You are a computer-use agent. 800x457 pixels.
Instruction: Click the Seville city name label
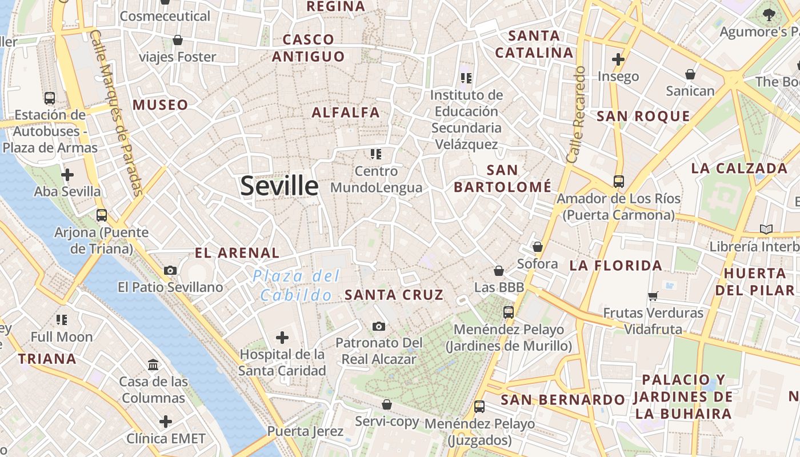(x=279, y=186)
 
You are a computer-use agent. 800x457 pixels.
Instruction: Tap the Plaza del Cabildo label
(x=296, y=286)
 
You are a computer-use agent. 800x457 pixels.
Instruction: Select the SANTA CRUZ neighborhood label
(x=394, y=295)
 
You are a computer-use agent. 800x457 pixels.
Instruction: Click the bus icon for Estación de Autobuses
(x=50, y=98)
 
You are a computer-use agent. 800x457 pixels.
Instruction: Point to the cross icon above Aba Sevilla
(x=67, y=174)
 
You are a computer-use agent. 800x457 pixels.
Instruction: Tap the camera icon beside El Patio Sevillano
(x=170, y=270)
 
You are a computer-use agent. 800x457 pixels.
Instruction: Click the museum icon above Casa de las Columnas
(x=153, y=364)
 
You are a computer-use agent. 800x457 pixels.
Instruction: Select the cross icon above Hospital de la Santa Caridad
(x=282, y=338)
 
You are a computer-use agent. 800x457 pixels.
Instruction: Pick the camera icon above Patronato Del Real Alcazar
(x=378, y=326)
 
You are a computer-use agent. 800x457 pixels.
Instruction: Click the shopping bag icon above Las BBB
(x=499, y=270)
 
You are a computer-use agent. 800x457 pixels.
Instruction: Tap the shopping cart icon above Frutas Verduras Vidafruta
(x=653, y=296)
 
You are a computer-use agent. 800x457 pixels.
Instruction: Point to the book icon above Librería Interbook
(x=766, y=230)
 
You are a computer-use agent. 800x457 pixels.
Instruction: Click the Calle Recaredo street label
(x=576, y=114)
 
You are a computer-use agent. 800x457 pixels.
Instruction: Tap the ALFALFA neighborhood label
(x=346, y=113)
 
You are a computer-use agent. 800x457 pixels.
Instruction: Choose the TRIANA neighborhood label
(x=47, y=359)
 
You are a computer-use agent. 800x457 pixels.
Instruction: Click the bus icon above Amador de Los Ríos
(x=618, y=182)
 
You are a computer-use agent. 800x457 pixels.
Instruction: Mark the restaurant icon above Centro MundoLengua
(x=375, y=154)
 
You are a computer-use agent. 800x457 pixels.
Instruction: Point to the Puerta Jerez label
(x=305, y=431)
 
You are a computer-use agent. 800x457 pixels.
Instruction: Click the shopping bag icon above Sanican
(x=690, y=74)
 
